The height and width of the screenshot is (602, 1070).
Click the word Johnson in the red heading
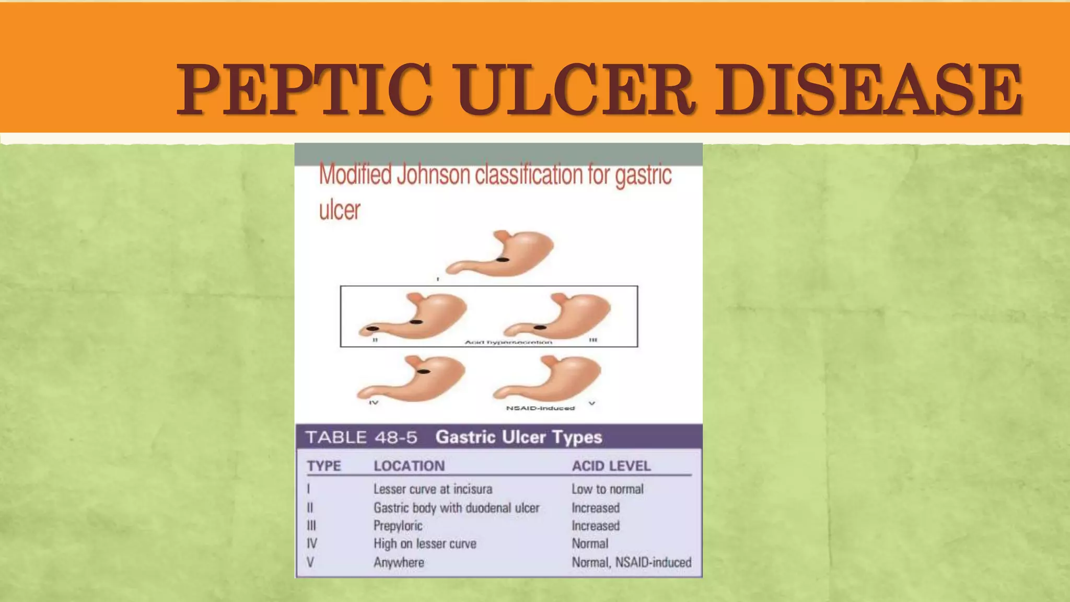pyautogui.click(x=433, y=175)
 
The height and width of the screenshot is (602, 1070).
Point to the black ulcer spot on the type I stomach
pyautogui.click(x=503, y=260)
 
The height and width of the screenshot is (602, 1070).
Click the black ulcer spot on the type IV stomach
pyautogui.click(x=424, y=372)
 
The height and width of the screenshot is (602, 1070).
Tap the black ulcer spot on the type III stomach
pyautogui.click(x=540, y=328)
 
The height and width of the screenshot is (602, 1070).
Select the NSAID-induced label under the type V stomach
pyautogui.click(x=540, y=408)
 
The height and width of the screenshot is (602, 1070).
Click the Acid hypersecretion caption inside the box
pyautogui.click(x=508, y=342)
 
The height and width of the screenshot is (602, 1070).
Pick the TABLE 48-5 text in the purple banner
pyautogui.click(x=361, y=437)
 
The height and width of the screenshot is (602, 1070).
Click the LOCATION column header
pyautogui.click(x=409, y=466)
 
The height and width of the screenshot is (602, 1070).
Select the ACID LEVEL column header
pyautogui.click(x=611, y=466)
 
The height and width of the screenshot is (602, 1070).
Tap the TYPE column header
pyautogui.click(x=324, y=466)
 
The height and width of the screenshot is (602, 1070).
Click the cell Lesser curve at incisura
pyautogui.click(x=433, y=489)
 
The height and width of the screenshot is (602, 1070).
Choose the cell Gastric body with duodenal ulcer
pyautogui.click(x=456, y=508)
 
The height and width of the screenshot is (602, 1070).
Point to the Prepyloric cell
pyautogui.click(x=398, y=526)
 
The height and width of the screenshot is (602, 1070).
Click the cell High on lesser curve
pyautogui.click(x=425, y=544)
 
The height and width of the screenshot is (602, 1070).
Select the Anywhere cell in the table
pyautogui.click(x=399, y=563)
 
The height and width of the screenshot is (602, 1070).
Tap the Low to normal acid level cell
pyautogui.click(x=607, y=489)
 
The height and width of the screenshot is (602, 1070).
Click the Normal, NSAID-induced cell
pyautogui.click(x=631, y=563)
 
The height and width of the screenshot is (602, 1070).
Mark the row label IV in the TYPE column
pyautogui.click(x=312, y=544)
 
